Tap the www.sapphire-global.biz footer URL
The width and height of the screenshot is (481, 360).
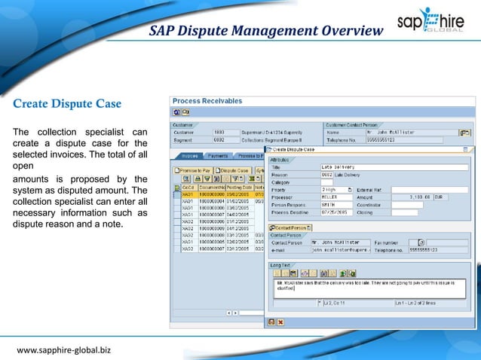(x=64, y=350)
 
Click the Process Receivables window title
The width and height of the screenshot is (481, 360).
(x=207, y=100)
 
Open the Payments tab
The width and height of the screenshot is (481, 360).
(x=218, y=156)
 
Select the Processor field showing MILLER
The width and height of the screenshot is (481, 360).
(x=336, y=197)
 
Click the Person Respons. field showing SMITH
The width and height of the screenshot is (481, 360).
(x=336, y=205)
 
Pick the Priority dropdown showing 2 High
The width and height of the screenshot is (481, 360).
(x=336, y=189)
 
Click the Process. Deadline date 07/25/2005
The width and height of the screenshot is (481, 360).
(x=336, y=213)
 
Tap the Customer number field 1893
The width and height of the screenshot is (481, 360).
(x=223, y=133)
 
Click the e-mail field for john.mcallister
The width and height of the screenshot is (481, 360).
(x=342, y=249)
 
